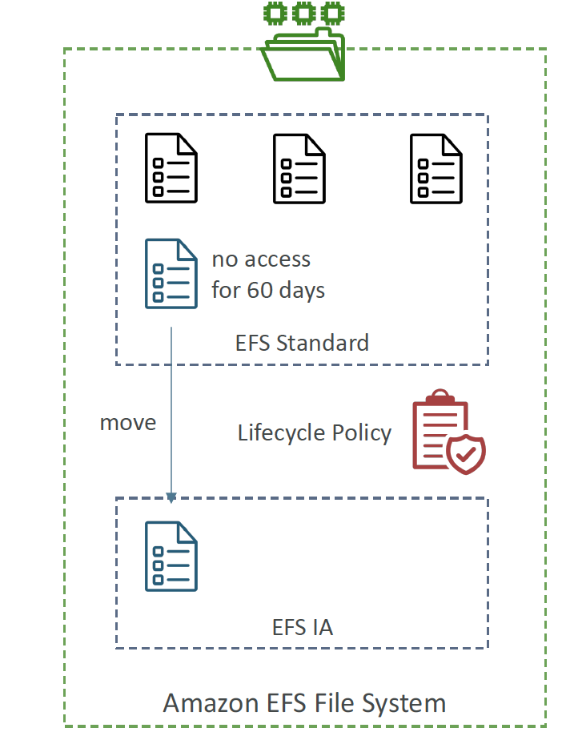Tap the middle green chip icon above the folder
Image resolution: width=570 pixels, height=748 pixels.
pyautogui.click(x=304, y=13)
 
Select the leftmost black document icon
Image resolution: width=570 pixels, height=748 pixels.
pyautogui.click(x=171, y=168)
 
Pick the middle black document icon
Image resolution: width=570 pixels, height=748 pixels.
pyautogui.click(x=299, y=168)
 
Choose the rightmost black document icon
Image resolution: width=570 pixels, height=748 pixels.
pyautogui.click(x=436, y=168)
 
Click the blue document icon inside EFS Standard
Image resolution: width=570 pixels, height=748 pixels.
pyautogui.click(x=171, y=274)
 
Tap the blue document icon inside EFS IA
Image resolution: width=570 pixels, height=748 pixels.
pyautogui.click(x=171, y=557)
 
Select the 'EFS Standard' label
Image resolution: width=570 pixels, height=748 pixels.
pyautogui.click(x=302, y=343)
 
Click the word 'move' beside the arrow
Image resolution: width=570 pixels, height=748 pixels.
pyautogui.click(x=128, y=423)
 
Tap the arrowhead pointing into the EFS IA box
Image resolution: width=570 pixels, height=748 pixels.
pyautogui.click(x=171, y=497)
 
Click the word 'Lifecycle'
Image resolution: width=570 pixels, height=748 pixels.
pyautogui.click(x=282, y=433)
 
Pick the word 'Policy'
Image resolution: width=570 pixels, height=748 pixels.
pyautogui.click(x=362, y=433)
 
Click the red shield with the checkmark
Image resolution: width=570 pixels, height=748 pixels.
pyautogui.click(x=466, y=453)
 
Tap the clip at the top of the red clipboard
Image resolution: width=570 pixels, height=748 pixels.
pyautogui.click(x=440, y=397)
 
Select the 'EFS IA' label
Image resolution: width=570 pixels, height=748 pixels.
pyautogui.click(x=303, y=627)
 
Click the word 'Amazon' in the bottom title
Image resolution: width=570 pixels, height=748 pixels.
pyautogui.click(x=211, y=703)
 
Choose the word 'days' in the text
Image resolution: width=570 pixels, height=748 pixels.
pyautogui.click(x=302, y=291)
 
